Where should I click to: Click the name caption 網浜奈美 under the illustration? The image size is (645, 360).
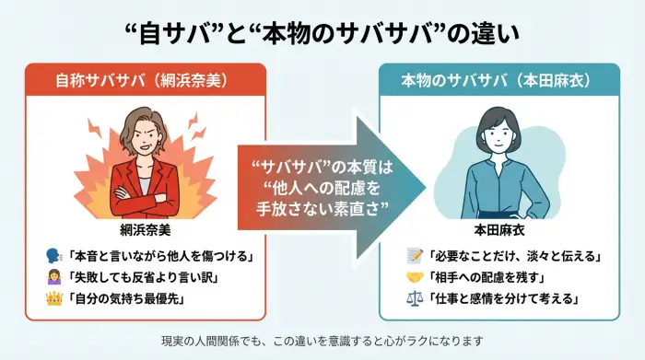click(x=137, y=226)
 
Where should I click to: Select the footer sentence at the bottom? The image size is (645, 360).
click(x=322, y=342)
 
